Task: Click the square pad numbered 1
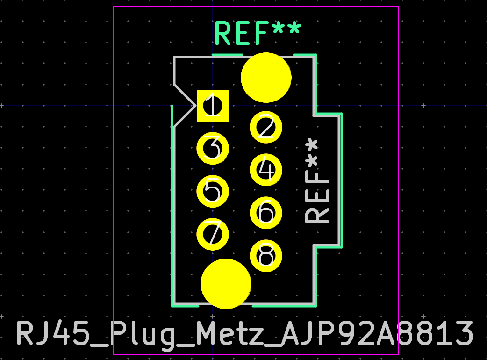coord(213,106)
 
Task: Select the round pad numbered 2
coord(266,127)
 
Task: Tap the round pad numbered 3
coord(213,149)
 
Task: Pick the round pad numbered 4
coord(266,170)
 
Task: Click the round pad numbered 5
coord(213,191)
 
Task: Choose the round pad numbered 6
coord(266,213)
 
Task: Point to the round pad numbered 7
coord(213,234)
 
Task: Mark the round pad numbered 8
coord(266,255)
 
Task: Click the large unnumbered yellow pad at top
coord(266,78)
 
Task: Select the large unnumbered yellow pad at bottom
coord(226,284)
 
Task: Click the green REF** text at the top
coord(258,33)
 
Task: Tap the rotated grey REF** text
coord(317,181)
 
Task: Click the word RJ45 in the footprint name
coord(53,334)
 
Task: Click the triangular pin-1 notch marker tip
coord(195,106)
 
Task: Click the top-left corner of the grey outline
coord(174,58)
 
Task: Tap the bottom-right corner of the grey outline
coord(314,304)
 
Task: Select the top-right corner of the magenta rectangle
coord(398,7)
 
